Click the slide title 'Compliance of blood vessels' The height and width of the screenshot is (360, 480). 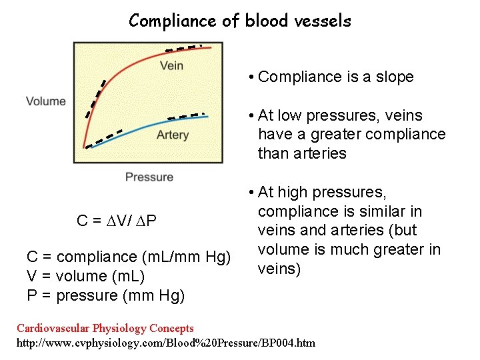tap(240, 21)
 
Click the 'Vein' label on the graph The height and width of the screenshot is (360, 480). tap(171, 65)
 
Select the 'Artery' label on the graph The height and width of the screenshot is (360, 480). tap(172, 135)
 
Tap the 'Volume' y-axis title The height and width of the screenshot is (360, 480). tap(46, 101)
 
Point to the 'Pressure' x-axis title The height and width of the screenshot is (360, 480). tap(149, 177)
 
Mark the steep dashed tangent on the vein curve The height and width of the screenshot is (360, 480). tap(96, 99)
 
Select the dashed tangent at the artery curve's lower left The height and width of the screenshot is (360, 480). tap(104, 137)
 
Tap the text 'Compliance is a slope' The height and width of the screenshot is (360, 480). tap(336, 77)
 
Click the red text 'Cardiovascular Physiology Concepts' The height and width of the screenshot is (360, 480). tap(105, 328)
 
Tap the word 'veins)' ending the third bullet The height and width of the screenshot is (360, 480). tap(279, 269)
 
